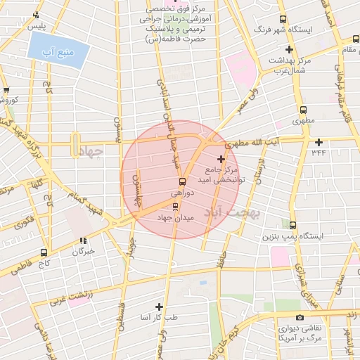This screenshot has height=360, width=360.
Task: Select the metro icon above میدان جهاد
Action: (176, 207)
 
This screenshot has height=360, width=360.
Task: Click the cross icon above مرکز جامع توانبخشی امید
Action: (221, 159)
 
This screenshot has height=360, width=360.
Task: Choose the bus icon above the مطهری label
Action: (303, 110)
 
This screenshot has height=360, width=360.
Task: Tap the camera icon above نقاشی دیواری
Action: (300, 318)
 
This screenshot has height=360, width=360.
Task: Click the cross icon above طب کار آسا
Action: (159, 307)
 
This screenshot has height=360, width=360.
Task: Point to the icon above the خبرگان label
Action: (83, 240)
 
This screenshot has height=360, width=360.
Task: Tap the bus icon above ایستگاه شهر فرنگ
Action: (283, 20)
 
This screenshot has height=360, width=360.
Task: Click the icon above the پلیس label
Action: (31, 16)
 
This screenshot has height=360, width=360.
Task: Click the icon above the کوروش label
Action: (6, 91)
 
